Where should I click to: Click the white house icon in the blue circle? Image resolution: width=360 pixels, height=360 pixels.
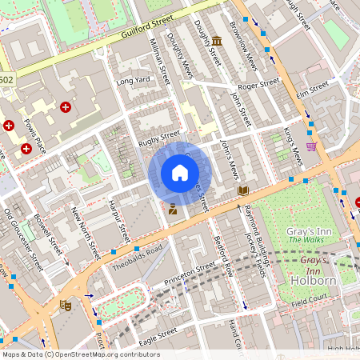pyautogui.click(x=180, y=172)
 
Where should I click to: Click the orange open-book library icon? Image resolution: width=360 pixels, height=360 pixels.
pyautogui.click(x=243, y=190)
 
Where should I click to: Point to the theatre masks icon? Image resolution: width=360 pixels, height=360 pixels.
pyautogui.click(x=66, y=305)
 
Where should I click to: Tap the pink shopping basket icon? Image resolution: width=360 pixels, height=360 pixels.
pyautogui.click(x=311, y=146)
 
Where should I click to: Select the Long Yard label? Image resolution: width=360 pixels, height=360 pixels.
pyautogui.click(x=133, y=81)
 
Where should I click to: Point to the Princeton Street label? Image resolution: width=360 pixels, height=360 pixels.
pyautogui.click(x=190, y=275)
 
